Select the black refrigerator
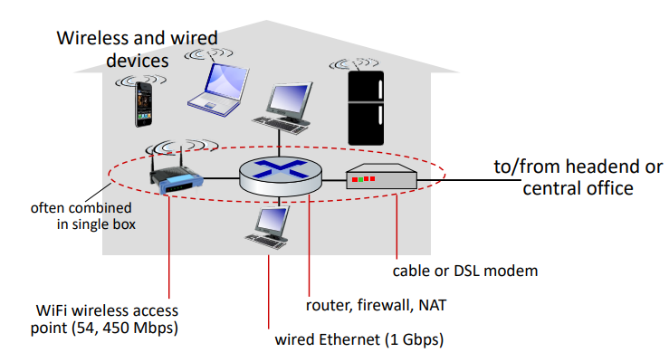coord(368,113)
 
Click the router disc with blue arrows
coord(281,171)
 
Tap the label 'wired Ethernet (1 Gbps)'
coord(358,341)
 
